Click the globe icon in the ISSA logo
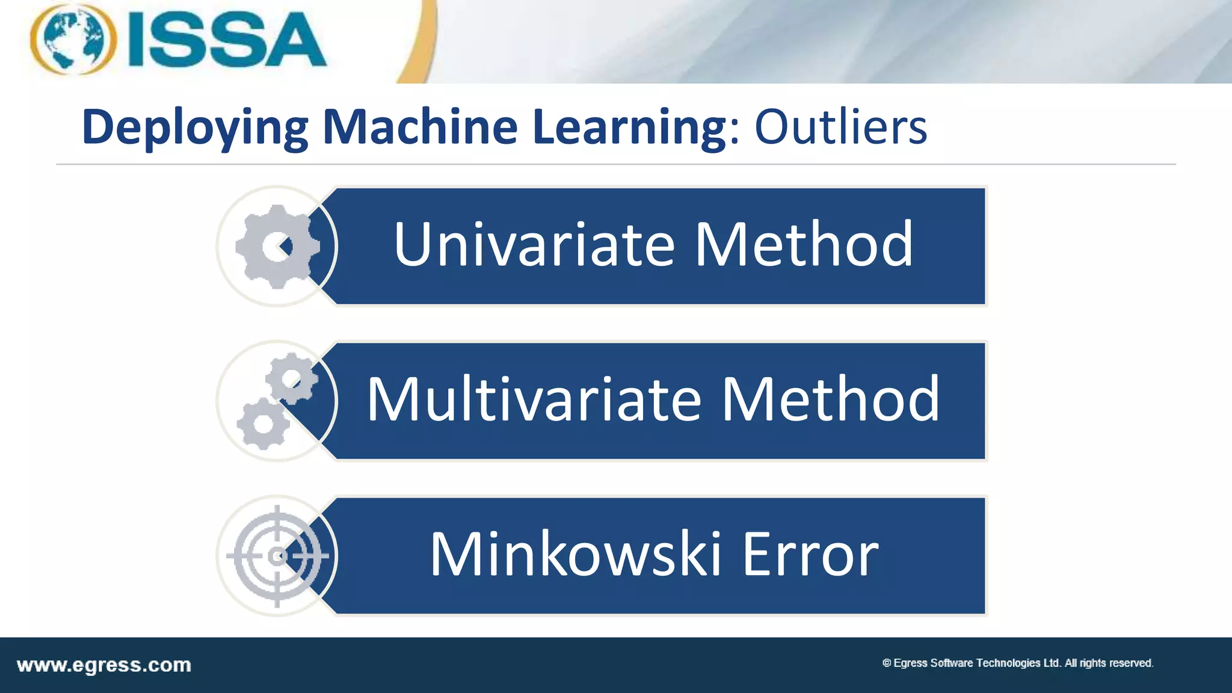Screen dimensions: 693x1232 tap(73, 38)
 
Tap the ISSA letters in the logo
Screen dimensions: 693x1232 tap(227, 40)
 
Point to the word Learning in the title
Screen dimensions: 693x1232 tap(629, 128)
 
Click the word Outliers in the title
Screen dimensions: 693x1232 tap(840, 128)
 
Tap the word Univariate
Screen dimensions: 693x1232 tap(534, 244)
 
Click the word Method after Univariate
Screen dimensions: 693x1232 tap(804, 244)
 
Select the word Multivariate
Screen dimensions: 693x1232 tap(534, 399)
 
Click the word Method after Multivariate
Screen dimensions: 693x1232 tap(830, 399)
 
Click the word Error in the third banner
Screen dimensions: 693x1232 tap(810, 554)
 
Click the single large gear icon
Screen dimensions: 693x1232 tap(277, 247)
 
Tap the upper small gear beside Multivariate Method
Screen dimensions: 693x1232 tap(292, 378)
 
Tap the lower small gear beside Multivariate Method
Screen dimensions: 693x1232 tap(263, 423)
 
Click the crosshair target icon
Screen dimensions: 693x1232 tap(277, 556)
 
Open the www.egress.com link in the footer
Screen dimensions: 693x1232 tap(104, 665)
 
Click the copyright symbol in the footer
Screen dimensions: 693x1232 tap(886, 663)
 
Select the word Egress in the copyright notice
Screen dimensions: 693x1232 tap(911, 663)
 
